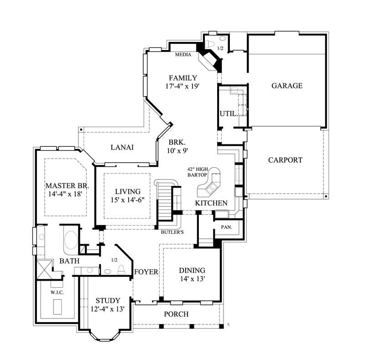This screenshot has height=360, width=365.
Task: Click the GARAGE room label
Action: [x=287, y=85]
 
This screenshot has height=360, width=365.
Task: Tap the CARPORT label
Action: [x=285, y=160]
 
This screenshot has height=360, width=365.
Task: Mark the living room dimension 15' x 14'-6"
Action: [x=127, y=200]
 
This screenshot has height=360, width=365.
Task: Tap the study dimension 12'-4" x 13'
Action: [x=108, y=309]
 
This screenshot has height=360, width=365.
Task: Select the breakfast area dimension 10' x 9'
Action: [x=177, y=149]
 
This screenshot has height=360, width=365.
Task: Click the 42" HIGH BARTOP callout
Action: [x=198, y=172]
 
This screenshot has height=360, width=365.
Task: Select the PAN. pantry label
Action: [x=227, y=226]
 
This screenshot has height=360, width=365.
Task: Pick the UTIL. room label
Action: [x=229, y=113]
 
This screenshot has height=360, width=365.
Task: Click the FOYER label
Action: [x=146, y=272]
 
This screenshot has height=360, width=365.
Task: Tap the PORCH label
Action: [x=176, y=314]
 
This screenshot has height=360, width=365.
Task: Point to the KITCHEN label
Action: [x=211, y=203]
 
